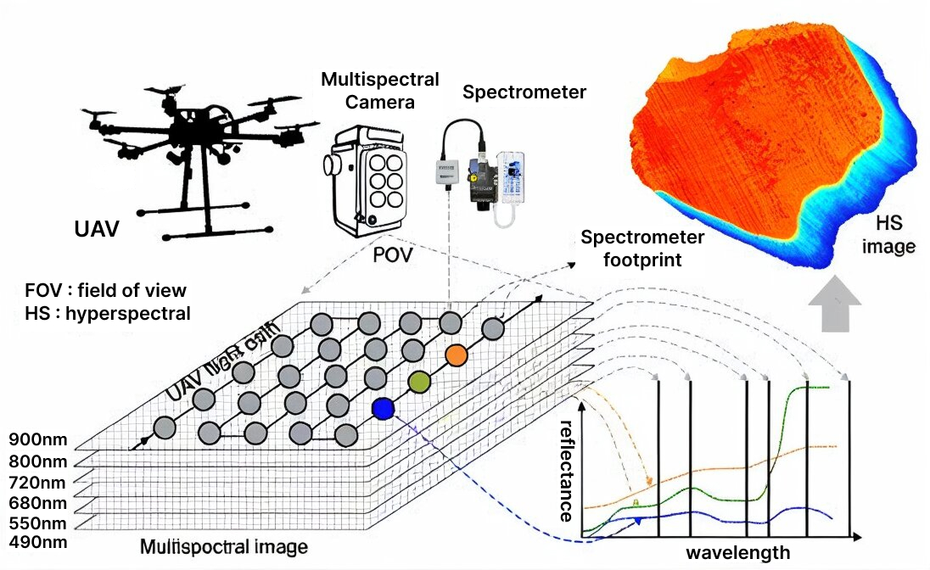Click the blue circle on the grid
383,410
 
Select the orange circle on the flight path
457,355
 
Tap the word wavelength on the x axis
737,553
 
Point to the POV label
392,254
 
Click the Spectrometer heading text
524,92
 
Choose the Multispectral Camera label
380,91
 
